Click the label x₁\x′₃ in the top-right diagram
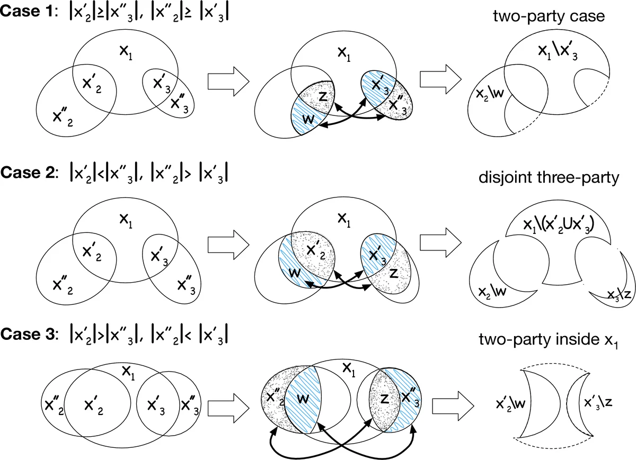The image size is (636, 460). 552,51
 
